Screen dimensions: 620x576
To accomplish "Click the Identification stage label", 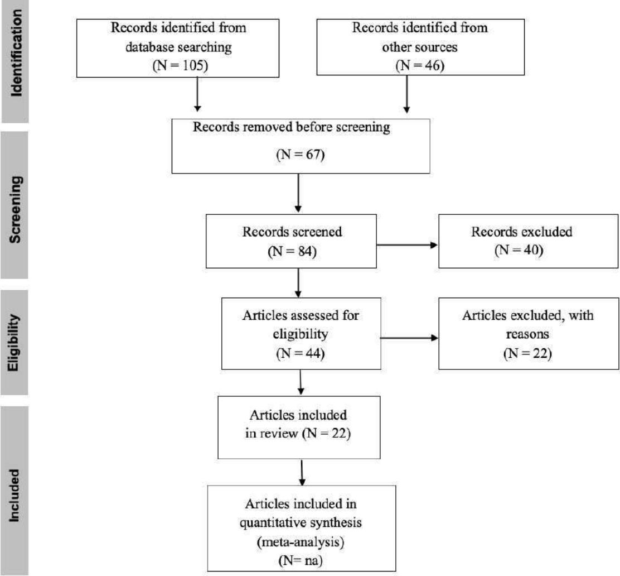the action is coord(16,53).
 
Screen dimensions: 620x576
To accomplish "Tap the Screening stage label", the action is coord(15,209).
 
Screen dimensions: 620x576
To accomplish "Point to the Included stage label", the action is coord(13,496).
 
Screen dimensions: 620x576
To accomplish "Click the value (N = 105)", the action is coord(180,65).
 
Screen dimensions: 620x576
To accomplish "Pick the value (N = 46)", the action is coord(420,65).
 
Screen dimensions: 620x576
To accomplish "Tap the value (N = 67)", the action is coord(301,154).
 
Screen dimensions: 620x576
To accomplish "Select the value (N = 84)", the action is coord(292,251).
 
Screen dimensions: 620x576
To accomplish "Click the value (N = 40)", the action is coord(519,250).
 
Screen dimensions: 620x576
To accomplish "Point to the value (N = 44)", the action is coord(301,353).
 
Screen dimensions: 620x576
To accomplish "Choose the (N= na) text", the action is coord(301,560).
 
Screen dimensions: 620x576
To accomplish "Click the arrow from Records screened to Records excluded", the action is coord(407,245).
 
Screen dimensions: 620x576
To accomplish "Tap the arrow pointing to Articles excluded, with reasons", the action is coord(409,338).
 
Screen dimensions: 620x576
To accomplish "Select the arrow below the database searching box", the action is coord(197,94).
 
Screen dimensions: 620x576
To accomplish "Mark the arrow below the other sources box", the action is coord(406,94).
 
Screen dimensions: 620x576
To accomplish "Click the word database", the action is coord(149,47).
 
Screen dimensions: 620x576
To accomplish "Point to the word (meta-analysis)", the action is coord(301,541).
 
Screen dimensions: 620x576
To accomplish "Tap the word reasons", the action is coord(527,334).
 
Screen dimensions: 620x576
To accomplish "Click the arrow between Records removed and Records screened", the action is coord(298,193).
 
